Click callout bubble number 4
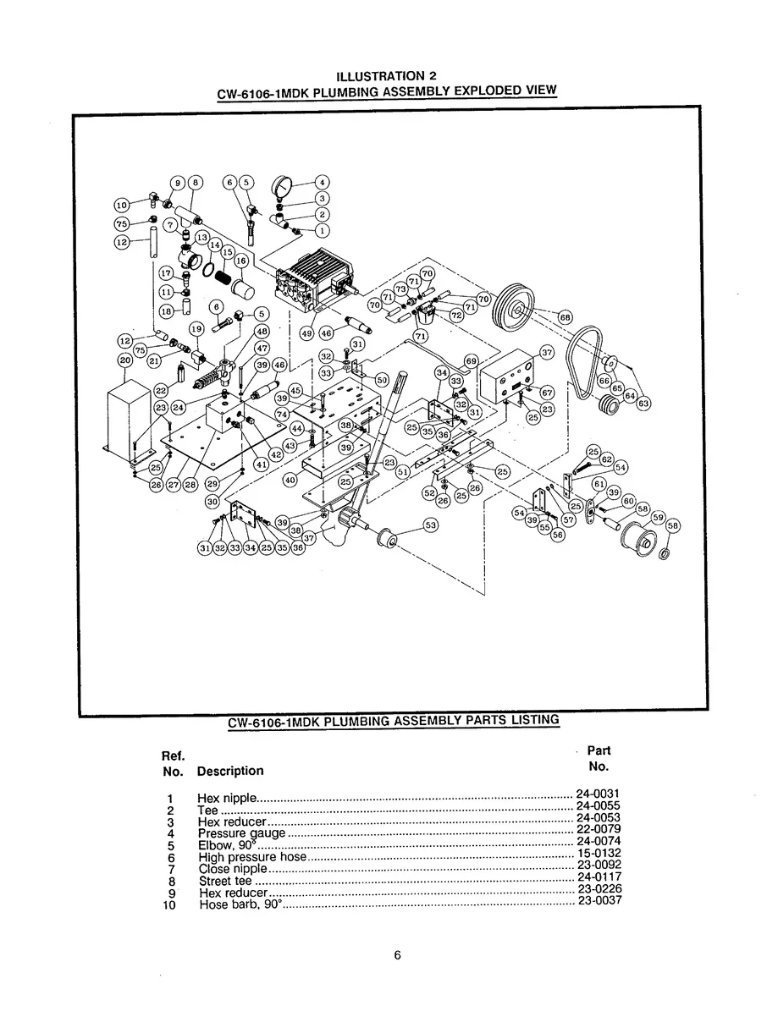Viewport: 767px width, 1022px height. coord(322,181)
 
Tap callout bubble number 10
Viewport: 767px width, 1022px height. coord(122,204)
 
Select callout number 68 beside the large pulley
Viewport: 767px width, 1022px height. coord(565,316)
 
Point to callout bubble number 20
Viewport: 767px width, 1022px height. coord(124,360)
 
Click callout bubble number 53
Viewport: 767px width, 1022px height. coord(431,525)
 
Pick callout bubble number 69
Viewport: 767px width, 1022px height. coord(472,360)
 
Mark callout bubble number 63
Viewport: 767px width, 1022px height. coord(643,404)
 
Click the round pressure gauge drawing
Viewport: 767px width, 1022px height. coord(280,187)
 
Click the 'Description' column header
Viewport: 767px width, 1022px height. coord(229,771)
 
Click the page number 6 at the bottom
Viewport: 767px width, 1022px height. coord(397,956)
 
